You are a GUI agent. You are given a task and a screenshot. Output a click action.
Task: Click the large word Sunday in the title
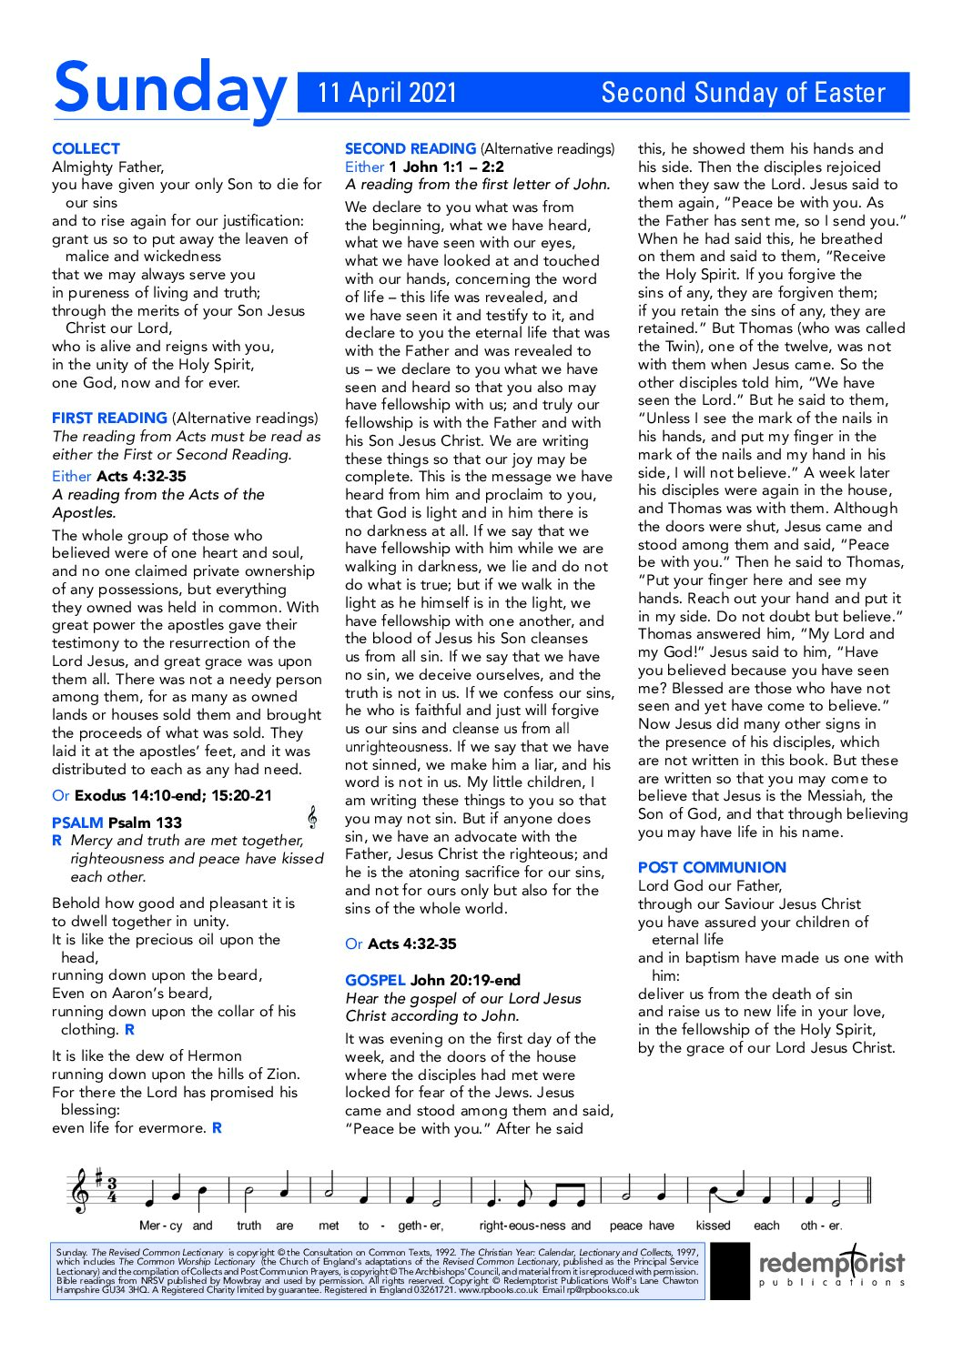click(x=169, y=89)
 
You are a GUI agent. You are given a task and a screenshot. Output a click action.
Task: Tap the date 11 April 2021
click(x=387, y=93)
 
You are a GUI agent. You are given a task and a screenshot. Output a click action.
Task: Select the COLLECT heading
click(x=86, y=148)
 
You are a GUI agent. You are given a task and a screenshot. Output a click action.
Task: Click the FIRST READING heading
click(x=109, y=419)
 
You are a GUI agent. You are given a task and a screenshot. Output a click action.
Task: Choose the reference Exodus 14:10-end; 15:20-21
click(x=173, y=795)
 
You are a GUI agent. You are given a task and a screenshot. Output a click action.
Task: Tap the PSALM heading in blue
click(x=77, y=822)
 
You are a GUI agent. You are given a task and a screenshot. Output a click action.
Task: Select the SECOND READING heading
click(x=410, y=148)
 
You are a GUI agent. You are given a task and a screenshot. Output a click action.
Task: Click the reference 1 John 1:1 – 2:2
click(x=446, y=166)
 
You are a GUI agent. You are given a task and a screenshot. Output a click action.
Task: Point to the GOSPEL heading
click(x=375, y=980)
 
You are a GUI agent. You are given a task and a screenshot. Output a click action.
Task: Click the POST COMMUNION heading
click(x=712, y=868)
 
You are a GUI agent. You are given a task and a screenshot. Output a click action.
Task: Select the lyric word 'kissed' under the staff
click(x=713, y=1226)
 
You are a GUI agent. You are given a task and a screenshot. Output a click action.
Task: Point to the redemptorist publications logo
click(x=832, y=1266)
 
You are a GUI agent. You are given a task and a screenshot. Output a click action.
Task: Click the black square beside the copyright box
click(x=730, y=1270)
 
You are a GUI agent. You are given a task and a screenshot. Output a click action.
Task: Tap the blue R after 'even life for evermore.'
click(x=217, y=1128)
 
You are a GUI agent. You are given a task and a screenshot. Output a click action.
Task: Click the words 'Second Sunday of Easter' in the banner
click(x=743, y=93)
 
